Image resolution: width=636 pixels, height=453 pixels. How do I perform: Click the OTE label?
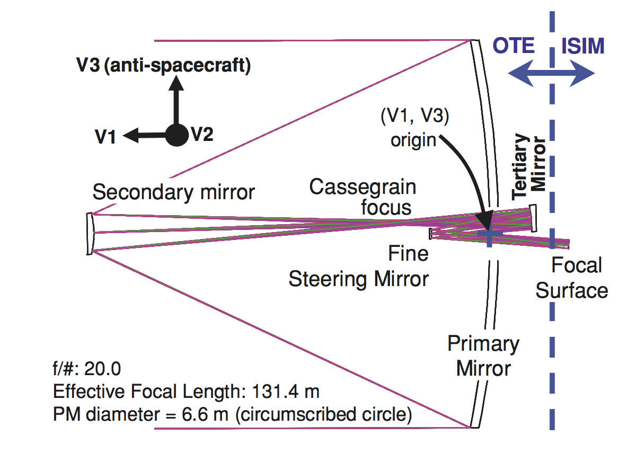(514, 46)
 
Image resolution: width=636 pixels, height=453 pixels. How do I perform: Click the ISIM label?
(582, 46)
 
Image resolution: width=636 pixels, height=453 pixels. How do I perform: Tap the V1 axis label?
(105, 137)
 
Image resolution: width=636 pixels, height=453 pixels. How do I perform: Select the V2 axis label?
(202, 134)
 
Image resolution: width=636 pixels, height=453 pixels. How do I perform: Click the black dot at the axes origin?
(176, 135)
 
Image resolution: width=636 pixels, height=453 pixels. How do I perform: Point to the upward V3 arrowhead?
(176, 83)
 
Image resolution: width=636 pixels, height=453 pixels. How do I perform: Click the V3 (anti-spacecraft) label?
(164, 66)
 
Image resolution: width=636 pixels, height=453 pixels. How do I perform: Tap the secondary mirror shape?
(90, 234)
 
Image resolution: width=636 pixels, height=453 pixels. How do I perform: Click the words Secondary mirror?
(173, 192)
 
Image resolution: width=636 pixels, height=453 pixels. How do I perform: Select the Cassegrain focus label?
(363, 197)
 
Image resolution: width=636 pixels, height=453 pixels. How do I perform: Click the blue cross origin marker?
(490, 234)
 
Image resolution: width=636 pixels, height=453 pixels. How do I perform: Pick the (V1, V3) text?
(415, 116)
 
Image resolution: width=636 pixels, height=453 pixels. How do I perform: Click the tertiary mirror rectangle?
(533, 218)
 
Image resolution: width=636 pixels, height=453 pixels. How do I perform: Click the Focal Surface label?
(572, 278)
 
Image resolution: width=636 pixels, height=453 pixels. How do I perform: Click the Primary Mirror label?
(483, 356)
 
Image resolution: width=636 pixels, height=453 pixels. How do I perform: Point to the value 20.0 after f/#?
(102, 369)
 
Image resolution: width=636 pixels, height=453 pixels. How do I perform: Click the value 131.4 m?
(286, 392)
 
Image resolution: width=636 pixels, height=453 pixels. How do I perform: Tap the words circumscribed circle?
(324, 414)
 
